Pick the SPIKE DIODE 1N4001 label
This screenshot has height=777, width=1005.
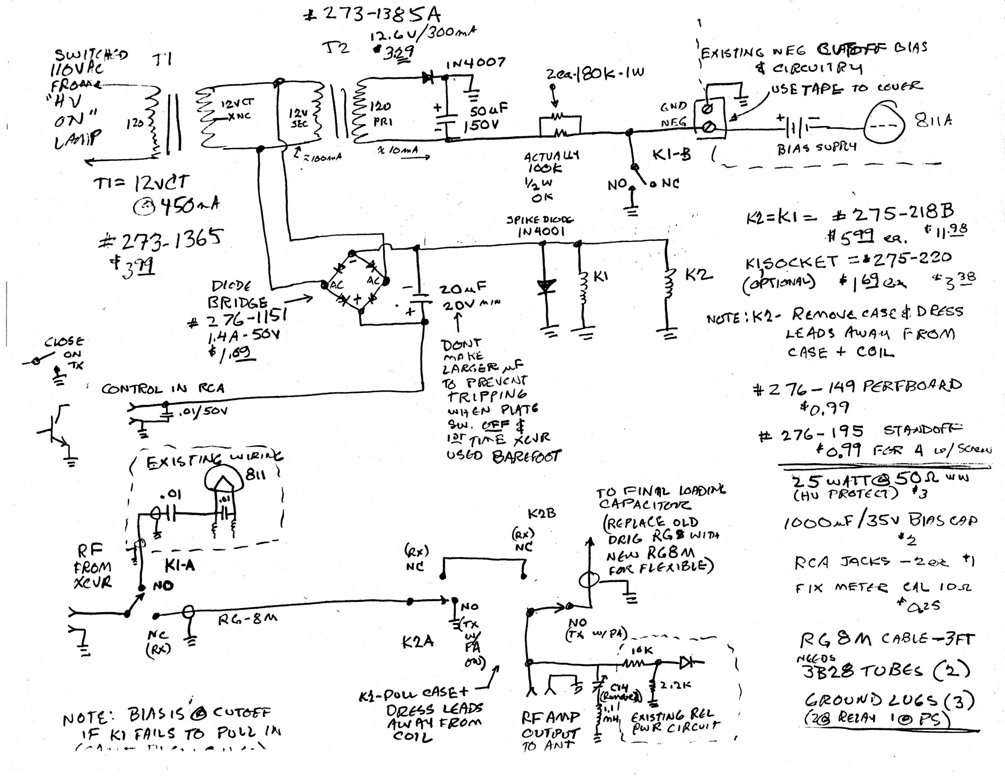540,226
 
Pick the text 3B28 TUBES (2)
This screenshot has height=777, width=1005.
886,671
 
